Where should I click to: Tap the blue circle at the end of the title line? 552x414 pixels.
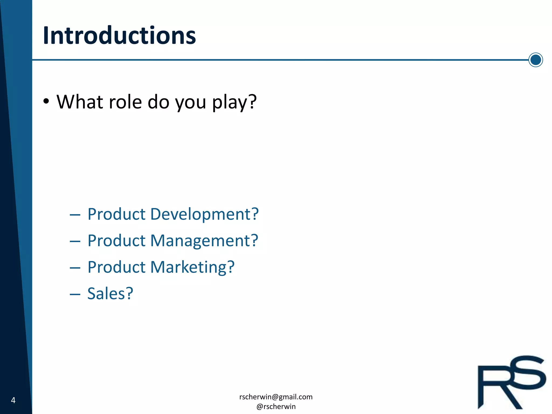pos(535,60)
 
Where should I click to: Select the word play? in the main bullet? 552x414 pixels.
pos(234,102)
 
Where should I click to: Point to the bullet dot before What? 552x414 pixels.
pos(46,102)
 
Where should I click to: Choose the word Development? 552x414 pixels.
pos(204,214)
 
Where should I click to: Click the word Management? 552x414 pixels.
pos(204,241)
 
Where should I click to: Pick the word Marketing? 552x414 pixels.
pos(192,267)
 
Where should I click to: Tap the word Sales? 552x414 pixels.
pos(110,293)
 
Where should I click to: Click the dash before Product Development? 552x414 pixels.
pos(75,215)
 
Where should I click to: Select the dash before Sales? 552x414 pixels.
pos(75,294)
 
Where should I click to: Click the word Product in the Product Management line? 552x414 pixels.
pos(116,241)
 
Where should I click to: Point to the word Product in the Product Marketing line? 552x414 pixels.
pos(116,267)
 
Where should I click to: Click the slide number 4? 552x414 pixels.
pos(13,400)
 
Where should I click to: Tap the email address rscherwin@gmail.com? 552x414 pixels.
pos(276,397)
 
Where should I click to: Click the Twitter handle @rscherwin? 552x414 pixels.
pos(276,406)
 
